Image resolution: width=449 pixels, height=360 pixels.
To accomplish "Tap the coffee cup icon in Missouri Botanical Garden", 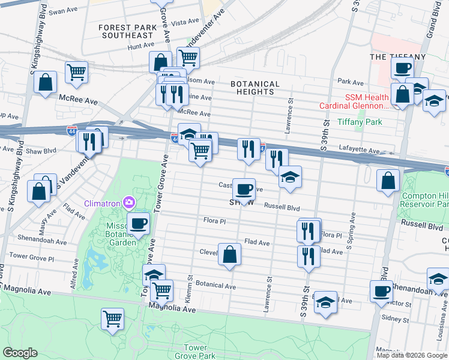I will pyautogui.click(x=139, y=224).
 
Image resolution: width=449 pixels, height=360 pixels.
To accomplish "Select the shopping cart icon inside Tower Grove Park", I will pyautogui.click(x=112, y=318).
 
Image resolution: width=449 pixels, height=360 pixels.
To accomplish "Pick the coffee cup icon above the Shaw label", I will pyautogui.click(x=244, y=189).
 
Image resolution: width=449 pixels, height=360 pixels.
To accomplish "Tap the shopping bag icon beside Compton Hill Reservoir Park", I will pyautogui.click(x=388, y=180).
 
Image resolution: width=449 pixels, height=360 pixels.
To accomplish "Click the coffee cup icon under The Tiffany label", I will pyautogui.click(x=402, y=68).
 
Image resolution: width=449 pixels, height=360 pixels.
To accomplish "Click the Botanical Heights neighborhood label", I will pyautogui.click(x=256, y=88).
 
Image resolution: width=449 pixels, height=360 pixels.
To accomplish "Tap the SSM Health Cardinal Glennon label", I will pyautogui.click(x=367, y=101).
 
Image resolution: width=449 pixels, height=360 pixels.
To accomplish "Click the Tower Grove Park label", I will pyautogui.click(x=195, y=352).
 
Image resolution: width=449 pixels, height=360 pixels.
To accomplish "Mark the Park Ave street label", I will pyautogui.click(x=351, y=82).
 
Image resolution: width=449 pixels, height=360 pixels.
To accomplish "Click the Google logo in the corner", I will pyautogui.click(x=20, y=353).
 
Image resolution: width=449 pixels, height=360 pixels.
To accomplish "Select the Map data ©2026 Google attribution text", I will pyautogui.click(x=412, y=355).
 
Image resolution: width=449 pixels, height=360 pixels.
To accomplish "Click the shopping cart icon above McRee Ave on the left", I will pyautogui.click(x=76, y=72).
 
